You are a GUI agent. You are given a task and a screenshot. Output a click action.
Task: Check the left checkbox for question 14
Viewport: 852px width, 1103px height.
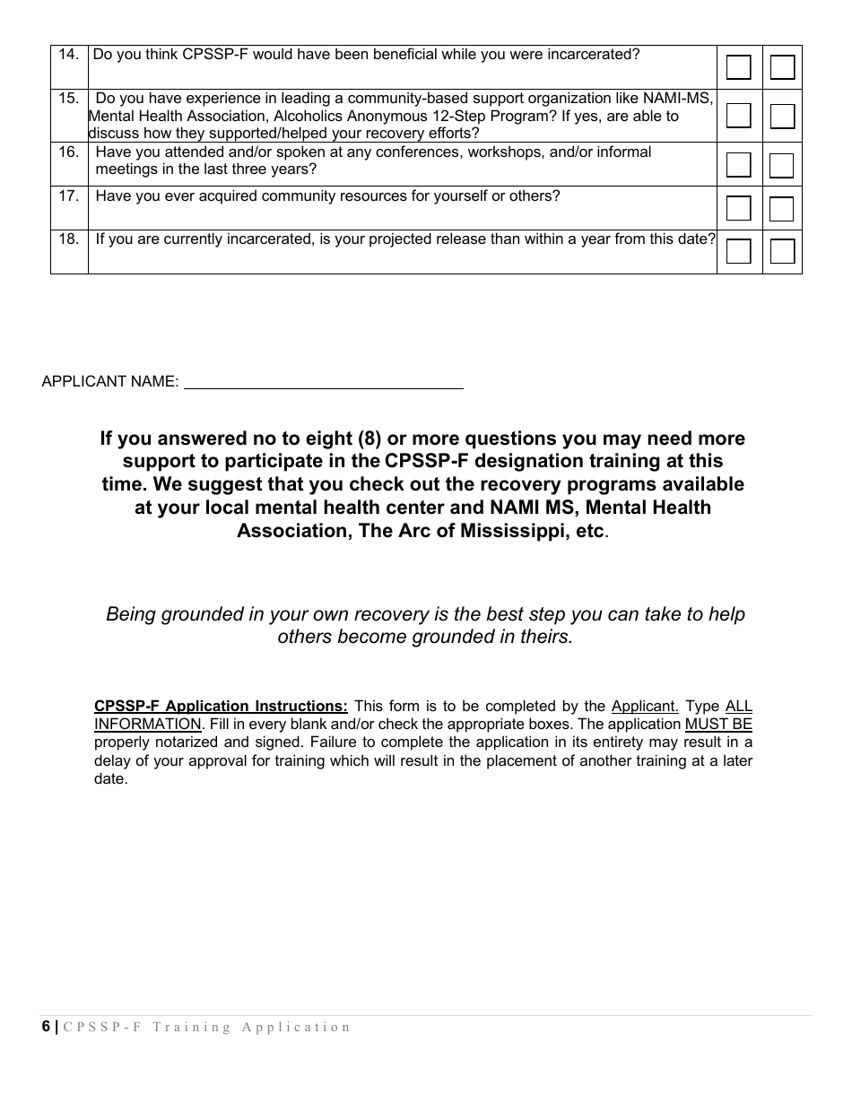click(x=738, y=67)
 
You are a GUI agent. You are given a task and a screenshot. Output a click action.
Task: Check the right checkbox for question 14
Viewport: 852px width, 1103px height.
click(x=782, y=67)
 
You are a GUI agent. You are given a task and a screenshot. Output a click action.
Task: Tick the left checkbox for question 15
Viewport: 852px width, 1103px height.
click(x=738, y=116)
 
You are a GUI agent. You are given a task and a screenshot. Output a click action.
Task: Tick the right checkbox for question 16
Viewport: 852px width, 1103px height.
click(x=782, y=165)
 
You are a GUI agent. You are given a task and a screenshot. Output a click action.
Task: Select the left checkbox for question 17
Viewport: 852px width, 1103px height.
click(x=738, y=209)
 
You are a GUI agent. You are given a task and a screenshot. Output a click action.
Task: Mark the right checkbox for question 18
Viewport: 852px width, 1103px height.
click(x=782, y=252)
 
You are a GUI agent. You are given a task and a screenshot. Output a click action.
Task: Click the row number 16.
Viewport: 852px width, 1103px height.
click(x=69, y=152)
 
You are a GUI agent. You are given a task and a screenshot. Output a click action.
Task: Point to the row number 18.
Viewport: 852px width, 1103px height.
click(x=69, y=239)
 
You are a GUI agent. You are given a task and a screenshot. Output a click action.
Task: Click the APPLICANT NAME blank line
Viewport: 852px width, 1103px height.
click(x=323, y=381)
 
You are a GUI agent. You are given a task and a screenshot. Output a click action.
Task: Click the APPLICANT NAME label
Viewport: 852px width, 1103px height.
click(x=109, y=381)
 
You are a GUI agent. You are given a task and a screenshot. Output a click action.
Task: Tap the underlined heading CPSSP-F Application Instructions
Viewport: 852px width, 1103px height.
click(x=221, y=707)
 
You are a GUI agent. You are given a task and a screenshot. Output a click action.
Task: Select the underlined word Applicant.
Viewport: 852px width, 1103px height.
click(x=645, y=707)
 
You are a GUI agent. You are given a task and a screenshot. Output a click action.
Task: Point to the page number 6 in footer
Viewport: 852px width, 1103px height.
click(x=46, y=1028)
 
